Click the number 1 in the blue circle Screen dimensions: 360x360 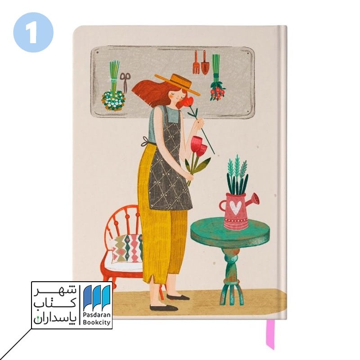pos(33,32)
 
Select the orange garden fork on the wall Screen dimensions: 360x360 pos(196,62)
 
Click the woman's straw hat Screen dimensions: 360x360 pos(177,84)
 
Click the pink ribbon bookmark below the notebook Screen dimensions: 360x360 pos(270,334)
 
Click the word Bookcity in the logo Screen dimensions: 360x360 pos(96,322)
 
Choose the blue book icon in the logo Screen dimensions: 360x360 pos(96,297)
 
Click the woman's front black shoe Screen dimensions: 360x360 pos(164,308)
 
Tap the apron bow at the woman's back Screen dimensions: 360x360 pos(145,141)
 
